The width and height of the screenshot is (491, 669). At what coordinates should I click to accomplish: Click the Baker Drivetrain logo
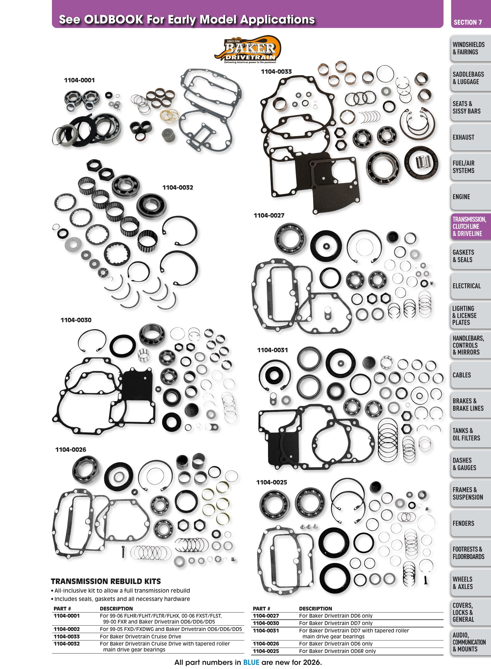[248, 50]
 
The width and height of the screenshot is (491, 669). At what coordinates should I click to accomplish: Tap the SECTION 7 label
[468, 22]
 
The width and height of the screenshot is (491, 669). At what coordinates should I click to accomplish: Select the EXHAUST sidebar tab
[463, 137]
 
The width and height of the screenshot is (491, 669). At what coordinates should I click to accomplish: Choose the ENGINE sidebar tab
[461, 197]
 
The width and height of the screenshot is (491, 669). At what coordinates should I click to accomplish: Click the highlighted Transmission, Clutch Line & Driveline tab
[469, 226]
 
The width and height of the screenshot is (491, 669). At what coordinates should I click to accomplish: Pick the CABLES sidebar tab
[462, 375]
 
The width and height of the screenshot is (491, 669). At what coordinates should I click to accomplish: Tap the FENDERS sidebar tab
[463, 523]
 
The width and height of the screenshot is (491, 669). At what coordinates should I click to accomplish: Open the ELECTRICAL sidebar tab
[466, 286]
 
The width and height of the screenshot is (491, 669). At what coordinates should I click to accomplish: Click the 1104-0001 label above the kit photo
[79, 80]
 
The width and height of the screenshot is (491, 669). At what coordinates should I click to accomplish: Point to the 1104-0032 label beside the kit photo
[178, 188]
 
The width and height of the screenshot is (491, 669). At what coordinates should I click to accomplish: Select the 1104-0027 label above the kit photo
[269, 215]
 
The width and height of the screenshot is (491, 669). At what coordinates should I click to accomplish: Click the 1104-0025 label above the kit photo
[272, 482]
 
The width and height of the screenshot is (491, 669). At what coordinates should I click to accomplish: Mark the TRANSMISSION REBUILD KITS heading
[106, 581]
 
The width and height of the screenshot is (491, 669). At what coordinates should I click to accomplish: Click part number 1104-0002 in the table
[66, 629]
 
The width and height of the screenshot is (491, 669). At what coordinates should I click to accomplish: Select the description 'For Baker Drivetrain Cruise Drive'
[141, 637]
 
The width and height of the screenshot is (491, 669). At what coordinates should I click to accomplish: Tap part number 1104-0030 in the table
[266, 623]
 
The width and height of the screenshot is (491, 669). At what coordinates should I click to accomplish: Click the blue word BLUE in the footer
[251, 662]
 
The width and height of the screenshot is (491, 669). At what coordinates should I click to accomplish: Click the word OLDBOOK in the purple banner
[114, 20]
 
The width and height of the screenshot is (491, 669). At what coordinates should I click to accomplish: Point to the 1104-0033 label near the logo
[276, 72]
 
